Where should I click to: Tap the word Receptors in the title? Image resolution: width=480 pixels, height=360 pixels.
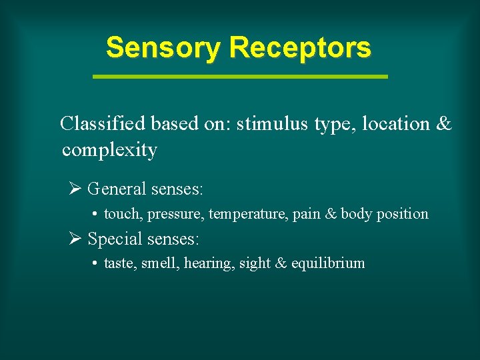click(x=299, y=48)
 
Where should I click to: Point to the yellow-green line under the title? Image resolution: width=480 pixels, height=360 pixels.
click(x=240, y=77)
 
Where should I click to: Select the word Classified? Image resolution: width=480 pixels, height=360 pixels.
click(x=103, y=124)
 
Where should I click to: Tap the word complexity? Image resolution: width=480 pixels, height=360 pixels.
click(x=109, y=150)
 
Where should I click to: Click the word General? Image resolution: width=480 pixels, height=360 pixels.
click(x=117, y=189)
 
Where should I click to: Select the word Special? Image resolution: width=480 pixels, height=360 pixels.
click(x=115, y=239)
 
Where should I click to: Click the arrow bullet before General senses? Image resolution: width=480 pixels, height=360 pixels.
click(x=75, y=189)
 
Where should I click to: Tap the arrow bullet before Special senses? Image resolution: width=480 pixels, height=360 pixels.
click(x=75, y=239)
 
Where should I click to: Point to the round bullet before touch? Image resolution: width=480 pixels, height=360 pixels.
click(x=96, y=215)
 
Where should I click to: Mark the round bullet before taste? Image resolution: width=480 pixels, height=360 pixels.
click(x=96, y=264)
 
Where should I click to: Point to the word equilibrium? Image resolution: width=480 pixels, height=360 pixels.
click(x=328, y=264)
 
